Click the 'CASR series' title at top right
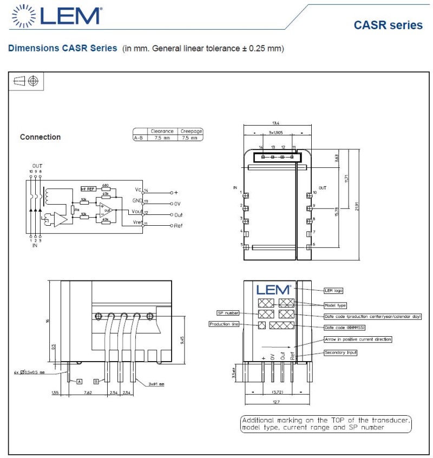pyautogui.click(x=388, y=25)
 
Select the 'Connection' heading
pyautogui.click(x=40, y=137)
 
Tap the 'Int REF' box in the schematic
pyautogui.click(x=87, y=188)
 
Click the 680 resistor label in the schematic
pyautogui.click(x=105, y=185)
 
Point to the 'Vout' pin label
pyautogui.click(x=136, y=212)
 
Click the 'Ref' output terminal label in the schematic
pyautogui.click(x=178, y=225)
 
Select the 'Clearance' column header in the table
pyautogui.click(x=162, y=131)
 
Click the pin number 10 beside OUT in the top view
pyautogui.click(x=314, y=192)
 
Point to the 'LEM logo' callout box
pyautogui.click(x=333, y=291)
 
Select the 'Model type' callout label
pyautogui.click(x=335, y=305)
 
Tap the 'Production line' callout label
pyautogui.click(x=224, y=324)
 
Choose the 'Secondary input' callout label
pyautogui.click(x=340, y=352)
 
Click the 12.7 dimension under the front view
pyautogui.click(x=276, y=402)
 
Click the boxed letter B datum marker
pyautogui.click(x=96, y=381)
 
